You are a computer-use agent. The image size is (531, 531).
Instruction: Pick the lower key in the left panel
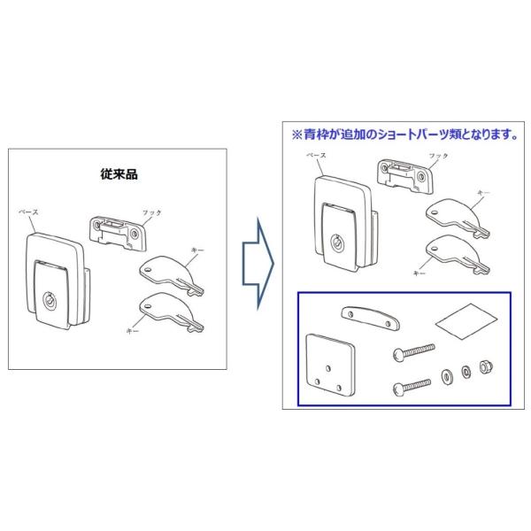point(170,311)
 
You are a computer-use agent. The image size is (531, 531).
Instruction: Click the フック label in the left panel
point(152,213)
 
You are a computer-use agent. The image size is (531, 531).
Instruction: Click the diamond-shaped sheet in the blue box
point(465,321)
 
